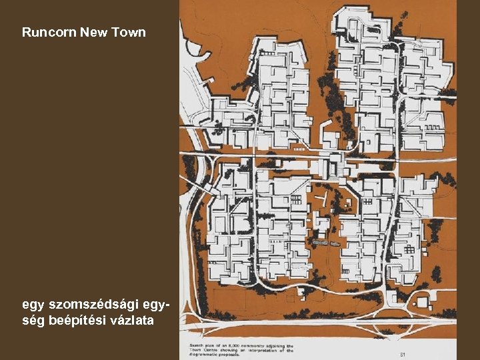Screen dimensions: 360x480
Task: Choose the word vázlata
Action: point(129,321)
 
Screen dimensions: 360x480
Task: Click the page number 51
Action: point(403,354)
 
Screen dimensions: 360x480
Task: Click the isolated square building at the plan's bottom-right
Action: point(422,303)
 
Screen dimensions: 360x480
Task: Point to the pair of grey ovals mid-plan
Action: point(325,245)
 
